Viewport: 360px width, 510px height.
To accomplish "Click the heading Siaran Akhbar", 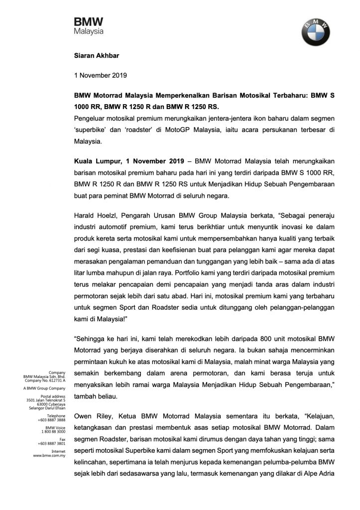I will tap(94, 57).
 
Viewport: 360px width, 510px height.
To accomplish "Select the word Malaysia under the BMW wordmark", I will tap(89, 31).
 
